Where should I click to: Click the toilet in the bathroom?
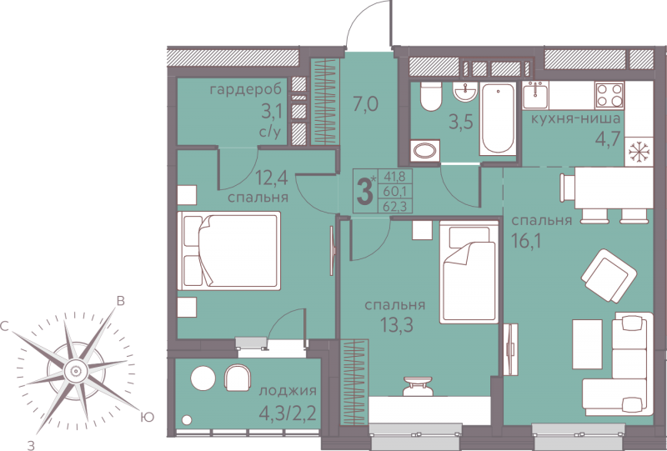tap(430, 97)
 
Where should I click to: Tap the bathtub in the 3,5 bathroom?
tap(498, 118)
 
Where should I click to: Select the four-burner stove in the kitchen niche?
tap(609, 95)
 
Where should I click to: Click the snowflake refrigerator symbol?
tap(638, 152)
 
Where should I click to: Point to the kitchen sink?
tap(535, 95)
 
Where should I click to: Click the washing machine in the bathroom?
tap(425, 151)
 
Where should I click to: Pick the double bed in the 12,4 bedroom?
tap(228, 251)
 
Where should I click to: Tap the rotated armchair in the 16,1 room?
tap(609, 276)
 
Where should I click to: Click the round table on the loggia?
tap(203, 378)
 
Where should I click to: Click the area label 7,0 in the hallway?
tap(365, 104)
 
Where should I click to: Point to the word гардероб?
tap(246, 90)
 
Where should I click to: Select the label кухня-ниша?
tap(575, 118)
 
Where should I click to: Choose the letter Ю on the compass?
tap(147, 418)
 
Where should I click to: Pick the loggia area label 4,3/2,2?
tap(288, 413)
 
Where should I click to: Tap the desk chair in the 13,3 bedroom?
tap(417, 386)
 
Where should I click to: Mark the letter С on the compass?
tap(5, 327)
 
